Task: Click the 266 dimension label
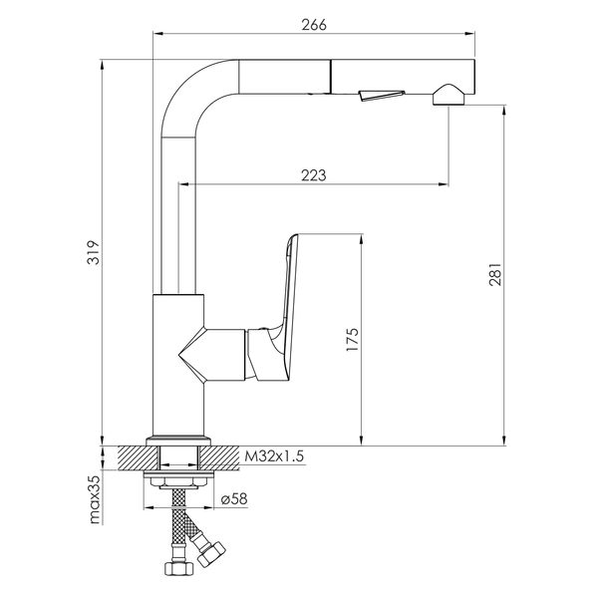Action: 314,25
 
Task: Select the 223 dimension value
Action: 314,175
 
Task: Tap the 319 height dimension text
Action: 93,252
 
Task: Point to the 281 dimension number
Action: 495,274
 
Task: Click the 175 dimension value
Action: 353,340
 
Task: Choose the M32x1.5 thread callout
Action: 274,456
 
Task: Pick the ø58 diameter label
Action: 234,498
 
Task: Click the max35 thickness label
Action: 95,499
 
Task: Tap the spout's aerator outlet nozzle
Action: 448,95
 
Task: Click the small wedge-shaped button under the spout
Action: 382,95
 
